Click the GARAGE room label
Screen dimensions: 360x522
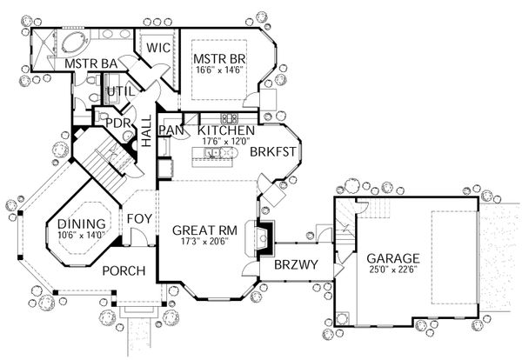[392, 258]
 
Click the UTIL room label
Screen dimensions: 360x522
[119, 91]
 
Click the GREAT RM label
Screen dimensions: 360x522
[200, 230]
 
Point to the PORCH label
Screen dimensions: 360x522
[123, 270]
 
